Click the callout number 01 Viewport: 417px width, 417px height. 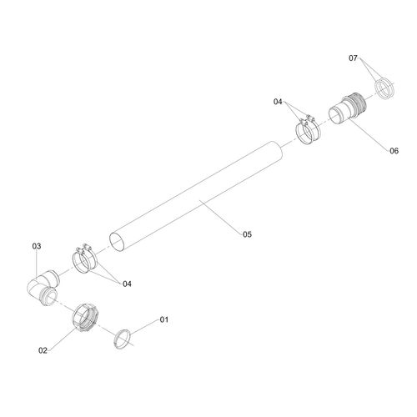pyautogui.click(x=164, y=319)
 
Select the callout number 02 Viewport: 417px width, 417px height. pyautogui.click(x=43, y=350)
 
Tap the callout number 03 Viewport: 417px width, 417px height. pyautogui.click(x=37, y=246)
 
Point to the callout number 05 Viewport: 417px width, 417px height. pyautogui.click(x=247, y=234)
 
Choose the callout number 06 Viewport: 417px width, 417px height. pyautogui.click(x=394, y=151)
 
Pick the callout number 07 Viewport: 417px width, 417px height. pyautogui.click(x=353, y=58)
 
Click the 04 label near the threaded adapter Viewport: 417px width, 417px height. pyautogui.click(x=278, y=102)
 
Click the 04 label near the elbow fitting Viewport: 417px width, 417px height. pyautogui.click(x=127, y=284)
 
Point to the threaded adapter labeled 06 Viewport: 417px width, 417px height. pyautogui.click(x=348, y=108)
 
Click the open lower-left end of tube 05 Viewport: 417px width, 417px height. pyautogui.click(x=117, y=242)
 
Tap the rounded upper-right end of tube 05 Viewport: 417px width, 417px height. pyautogui.click(x=279, y=150)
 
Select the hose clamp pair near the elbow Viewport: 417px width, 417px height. pyautogui.click(x=84, y=259)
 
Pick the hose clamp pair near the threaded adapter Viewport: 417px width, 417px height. pyautogui.click(x=308, y=129)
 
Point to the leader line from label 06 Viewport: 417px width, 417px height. pyautogui.click(x=369, y=134)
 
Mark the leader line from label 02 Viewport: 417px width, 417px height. pyautogui.click(x=63, y=339)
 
